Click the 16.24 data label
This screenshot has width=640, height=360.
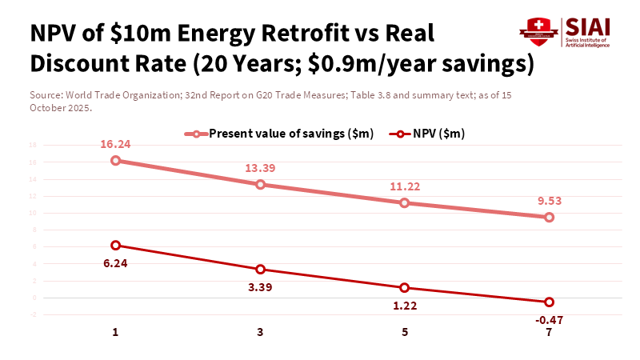[116, 145]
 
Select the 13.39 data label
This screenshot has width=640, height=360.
[260, 169]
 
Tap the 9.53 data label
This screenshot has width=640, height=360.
[549, 202]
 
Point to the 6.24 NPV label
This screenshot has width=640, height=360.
[116, 262]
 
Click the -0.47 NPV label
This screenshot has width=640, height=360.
[549, 320]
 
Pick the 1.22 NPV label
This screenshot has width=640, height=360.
[405, 305]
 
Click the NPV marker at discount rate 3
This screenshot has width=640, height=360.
[260, 270]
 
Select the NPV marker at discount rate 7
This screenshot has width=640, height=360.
[549, 302]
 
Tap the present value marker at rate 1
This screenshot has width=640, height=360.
[116, 161]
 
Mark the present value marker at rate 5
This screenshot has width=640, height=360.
[405, 203]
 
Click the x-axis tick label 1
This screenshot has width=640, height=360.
[116, 332]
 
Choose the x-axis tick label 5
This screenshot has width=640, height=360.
[405, 332]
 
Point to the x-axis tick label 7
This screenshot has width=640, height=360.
[549, 332]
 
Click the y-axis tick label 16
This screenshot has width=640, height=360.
[33, 162]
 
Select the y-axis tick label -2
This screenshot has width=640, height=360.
[33, 314]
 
